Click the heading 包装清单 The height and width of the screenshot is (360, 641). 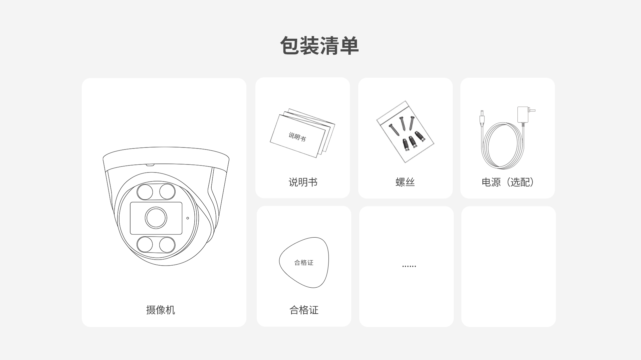click(319, 46)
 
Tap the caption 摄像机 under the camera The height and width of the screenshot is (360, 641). click(161, 310)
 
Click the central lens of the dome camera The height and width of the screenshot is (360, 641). click(156, 218)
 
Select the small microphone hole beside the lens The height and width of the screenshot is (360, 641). click(188, 218)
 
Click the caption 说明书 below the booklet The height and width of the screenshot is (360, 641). click(303, 182)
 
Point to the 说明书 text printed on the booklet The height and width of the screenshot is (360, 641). click(297, 136)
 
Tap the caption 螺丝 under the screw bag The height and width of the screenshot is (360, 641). click(405, 182)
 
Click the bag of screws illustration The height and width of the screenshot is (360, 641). click(405, 132)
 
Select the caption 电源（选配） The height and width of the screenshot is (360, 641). click(507, 182)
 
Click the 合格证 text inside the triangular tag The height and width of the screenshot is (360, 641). click(304, 263)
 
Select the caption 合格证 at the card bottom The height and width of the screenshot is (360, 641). click(304, 310)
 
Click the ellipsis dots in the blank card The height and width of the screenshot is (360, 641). click(409, 267)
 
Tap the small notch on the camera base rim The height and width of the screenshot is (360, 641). click(150, 164)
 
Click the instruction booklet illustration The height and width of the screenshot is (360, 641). click(302, 133)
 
